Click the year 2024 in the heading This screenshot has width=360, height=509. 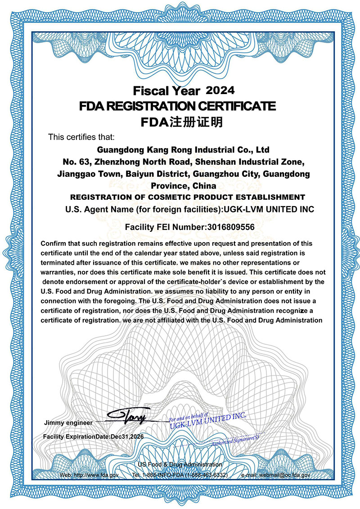point(220,90)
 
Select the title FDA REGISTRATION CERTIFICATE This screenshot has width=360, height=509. point(177,106)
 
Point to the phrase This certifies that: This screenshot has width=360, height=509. point(81,137)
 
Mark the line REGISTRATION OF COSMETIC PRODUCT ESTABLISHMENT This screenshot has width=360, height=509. point(188,197)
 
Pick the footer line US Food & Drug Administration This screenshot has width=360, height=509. point(180,464)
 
